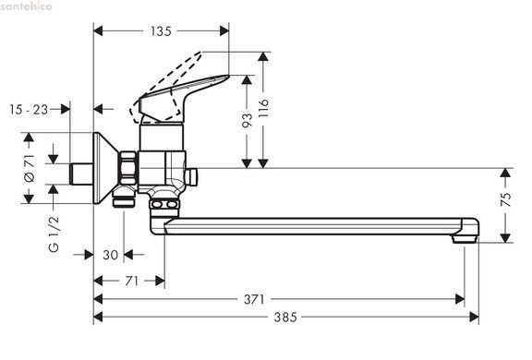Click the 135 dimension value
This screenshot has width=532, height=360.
pyautogui.click(x=161, y=31)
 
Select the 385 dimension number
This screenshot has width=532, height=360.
pyautogui.click(x=285, y=318)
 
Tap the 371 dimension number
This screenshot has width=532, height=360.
pyautogui.click(x=254, y=299)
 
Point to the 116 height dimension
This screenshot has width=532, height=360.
pyautogui.click(x=263, y=108)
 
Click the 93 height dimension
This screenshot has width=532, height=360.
pyautogui.click(x=247, y=120)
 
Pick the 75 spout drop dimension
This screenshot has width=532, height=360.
pyautogui.click(x=505, y=199)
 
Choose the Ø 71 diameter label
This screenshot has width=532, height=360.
pyautogui.click(x=30, y=168)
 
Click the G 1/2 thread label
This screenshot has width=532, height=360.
pyautogui.click(x=54, y=234)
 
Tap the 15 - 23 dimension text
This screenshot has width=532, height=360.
pyautogui.click(x=29, y=110)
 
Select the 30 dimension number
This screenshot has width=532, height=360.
pyautogui.click(x=110, y=255)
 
